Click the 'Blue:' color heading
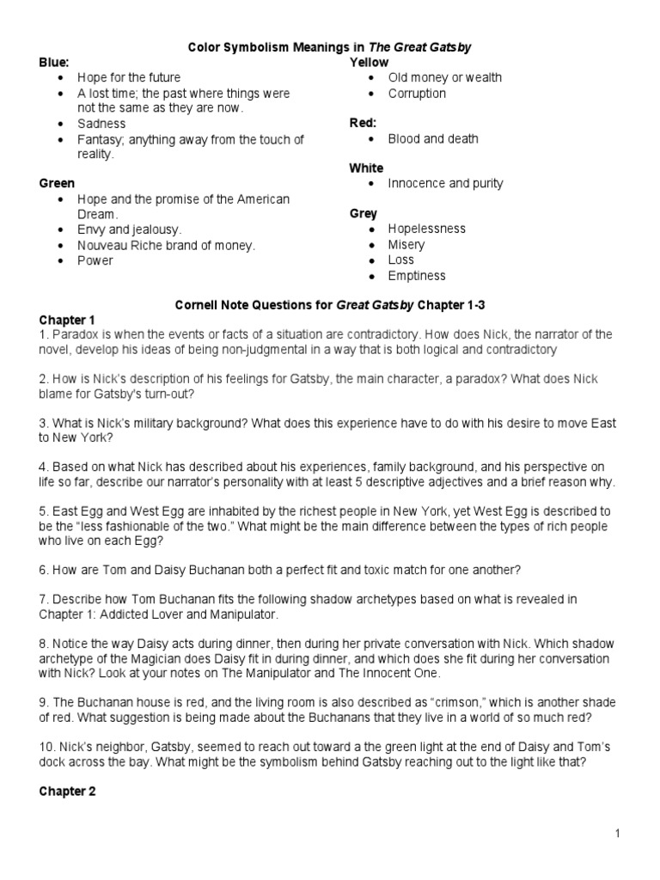tap(54, 63)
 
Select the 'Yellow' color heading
tap(369, 63)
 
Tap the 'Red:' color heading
tap(364, 123)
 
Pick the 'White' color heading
tap(366, 168)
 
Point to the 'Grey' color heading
tap(364, 213)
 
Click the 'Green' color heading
tap(57, 183)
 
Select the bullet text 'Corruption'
tap(417, 93)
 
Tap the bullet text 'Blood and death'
tap(433, 138)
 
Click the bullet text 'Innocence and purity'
tap(445, 183)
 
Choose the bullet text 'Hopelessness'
tap(426, 229)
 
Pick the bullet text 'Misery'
tap(406, 244)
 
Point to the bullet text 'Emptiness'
tap(417, 275)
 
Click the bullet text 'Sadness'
tap(101, 124)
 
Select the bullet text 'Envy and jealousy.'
tap(129, 229)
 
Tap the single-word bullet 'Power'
tap(95, 260)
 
